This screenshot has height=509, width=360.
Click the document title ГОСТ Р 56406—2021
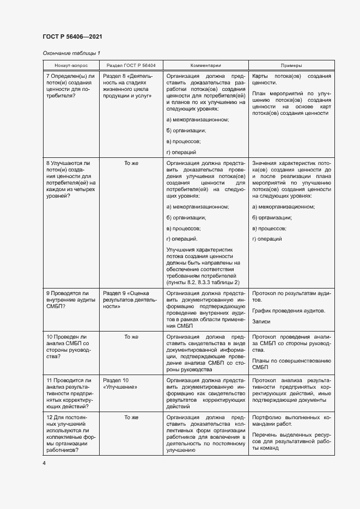pos(72,36)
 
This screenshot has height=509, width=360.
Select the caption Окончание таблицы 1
pos(71,53)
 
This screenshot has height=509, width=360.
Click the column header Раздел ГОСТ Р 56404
pos(131,65)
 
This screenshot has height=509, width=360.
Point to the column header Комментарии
pos(205,65)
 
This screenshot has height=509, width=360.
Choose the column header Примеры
pos(291,65)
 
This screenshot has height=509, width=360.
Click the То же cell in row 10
pos(131,336)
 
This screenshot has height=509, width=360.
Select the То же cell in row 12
pos(131,417)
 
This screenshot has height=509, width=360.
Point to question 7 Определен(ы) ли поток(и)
pos(71,86)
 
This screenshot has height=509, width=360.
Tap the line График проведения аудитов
pos(289,311)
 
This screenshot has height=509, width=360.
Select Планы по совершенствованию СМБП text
pos(291,364)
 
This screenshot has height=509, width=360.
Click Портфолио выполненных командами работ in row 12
pos(291,420)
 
